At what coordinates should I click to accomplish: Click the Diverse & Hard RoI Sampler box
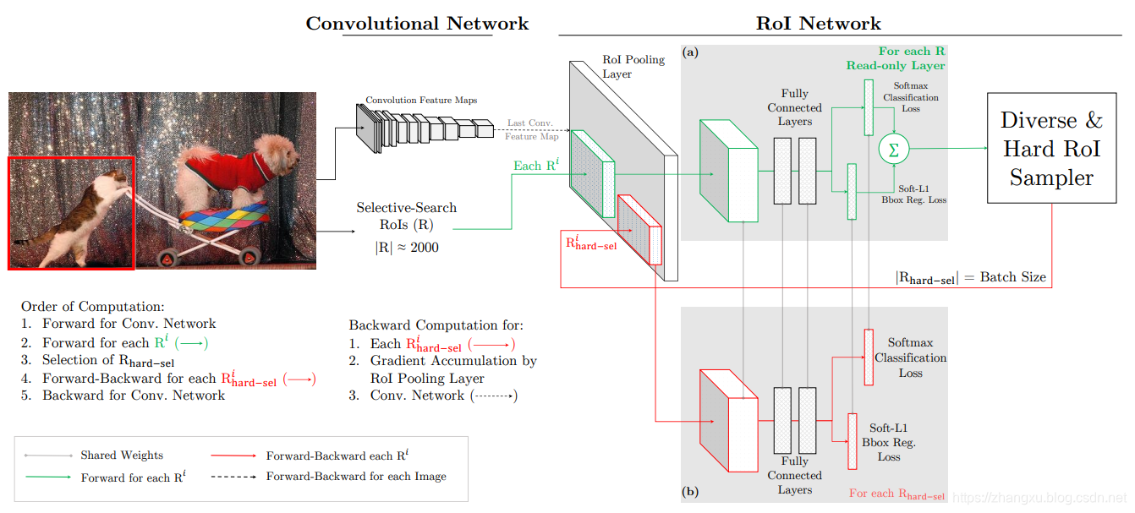pos(1051,148)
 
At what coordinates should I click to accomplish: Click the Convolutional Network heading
pos(417,24)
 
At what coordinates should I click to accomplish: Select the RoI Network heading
pos(818,24)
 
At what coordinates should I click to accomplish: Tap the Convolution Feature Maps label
pos(421,101)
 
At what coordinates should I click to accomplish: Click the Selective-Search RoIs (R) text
pos(406,216)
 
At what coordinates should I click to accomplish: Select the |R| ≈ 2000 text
pos(406,248)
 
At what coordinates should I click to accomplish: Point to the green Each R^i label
pos(535,165)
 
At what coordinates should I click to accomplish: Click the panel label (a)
pos(691,52)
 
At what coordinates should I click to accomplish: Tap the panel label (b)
pos(691,490)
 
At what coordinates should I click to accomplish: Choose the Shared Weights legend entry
pos(122,456)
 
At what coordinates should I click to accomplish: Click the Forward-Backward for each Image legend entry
pos(355,477)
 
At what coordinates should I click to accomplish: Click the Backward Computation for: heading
pos(436,325)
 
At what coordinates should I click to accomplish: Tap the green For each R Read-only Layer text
pos(895,58)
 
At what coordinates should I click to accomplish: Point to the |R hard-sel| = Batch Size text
pos(970,277)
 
